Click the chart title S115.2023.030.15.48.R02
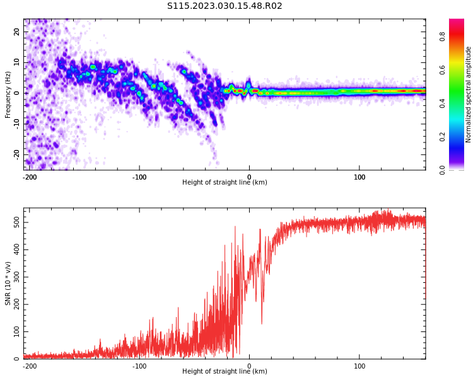225,6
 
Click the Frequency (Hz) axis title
8,94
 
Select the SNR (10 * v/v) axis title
8,283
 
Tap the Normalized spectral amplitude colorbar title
469,94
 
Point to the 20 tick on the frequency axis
17,31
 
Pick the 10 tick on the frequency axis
17,62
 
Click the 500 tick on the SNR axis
14,223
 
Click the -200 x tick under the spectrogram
30,176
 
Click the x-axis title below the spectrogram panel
225,183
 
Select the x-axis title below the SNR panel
225,372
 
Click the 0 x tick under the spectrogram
249,176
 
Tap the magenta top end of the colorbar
457,22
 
